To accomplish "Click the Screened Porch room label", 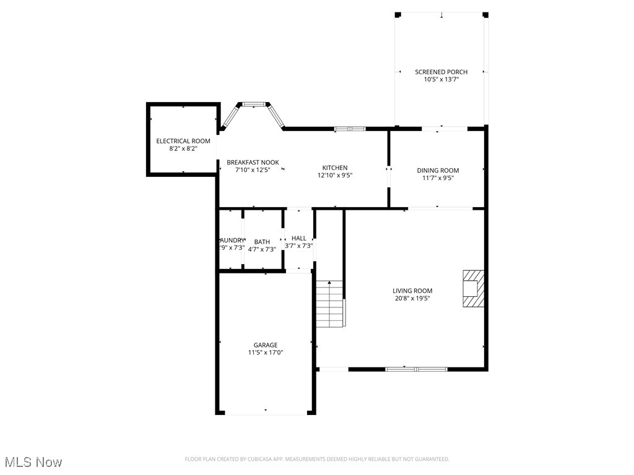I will [441, 72].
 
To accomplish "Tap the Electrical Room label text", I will [183, 141].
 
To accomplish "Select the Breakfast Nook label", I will [253, 162].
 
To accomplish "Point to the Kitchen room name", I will [334, 168].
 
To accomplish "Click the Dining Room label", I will [438, 170].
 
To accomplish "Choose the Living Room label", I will [412, 291].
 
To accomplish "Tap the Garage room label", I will [265, 345].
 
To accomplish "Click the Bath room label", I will [261, 242].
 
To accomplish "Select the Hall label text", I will [298, 238].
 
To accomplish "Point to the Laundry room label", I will [232, 241].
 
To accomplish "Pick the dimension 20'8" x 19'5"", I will [412, 298].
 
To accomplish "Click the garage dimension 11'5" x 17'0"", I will [265, 353].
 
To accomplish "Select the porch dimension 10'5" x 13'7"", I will [441, 79].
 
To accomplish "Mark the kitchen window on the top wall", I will [350, 129].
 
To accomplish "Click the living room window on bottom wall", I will [416, 369].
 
